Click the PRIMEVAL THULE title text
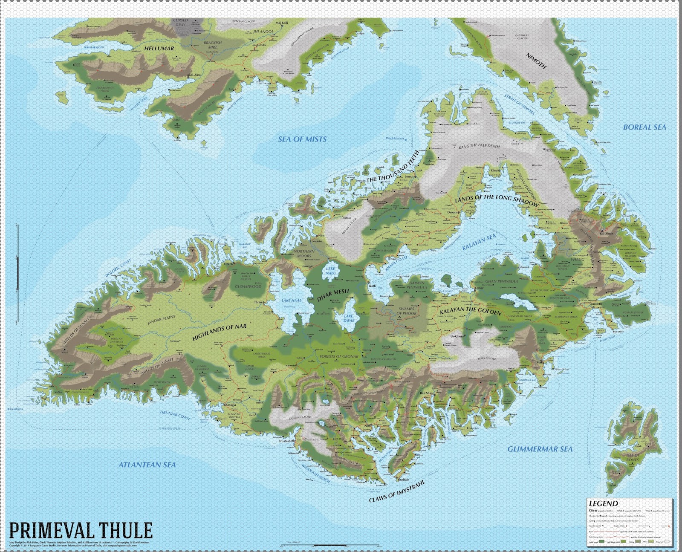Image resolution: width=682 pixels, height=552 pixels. [80, 530]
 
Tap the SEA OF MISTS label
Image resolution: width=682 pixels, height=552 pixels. [302, 139]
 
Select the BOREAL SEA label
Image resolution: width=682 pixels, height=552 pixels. [644, 127]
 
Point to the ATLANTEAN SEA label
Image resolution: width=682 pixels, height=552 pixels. [147, 465]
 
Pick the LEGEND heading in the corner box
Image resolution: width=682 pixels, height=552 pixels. [603, 503]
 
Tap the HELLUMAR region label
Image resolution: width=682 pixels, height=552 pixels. [159, 49]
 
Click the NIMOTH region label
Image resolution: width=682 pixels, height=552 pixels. [536, 61]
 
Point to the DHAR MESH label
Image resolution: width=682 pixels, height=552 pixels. [333, 295]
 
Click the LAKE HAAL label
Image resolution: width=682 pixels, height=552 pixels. [291, 300]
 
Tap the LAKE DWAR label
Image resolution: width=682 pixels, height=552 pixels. [349, 318]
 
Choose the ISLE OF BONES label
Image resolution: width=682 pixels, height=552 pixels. [633, 457]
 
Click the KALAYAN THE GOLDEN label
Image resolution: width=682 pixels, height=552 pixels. [471, 310]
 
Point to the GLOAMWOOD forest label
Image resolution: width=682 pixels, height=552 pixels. [248, 286]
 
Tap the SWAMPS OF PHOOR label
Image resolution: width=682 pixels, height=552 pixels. [406, 311]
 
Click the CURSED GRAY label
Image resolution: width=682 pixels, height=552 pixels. [180, 23]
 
